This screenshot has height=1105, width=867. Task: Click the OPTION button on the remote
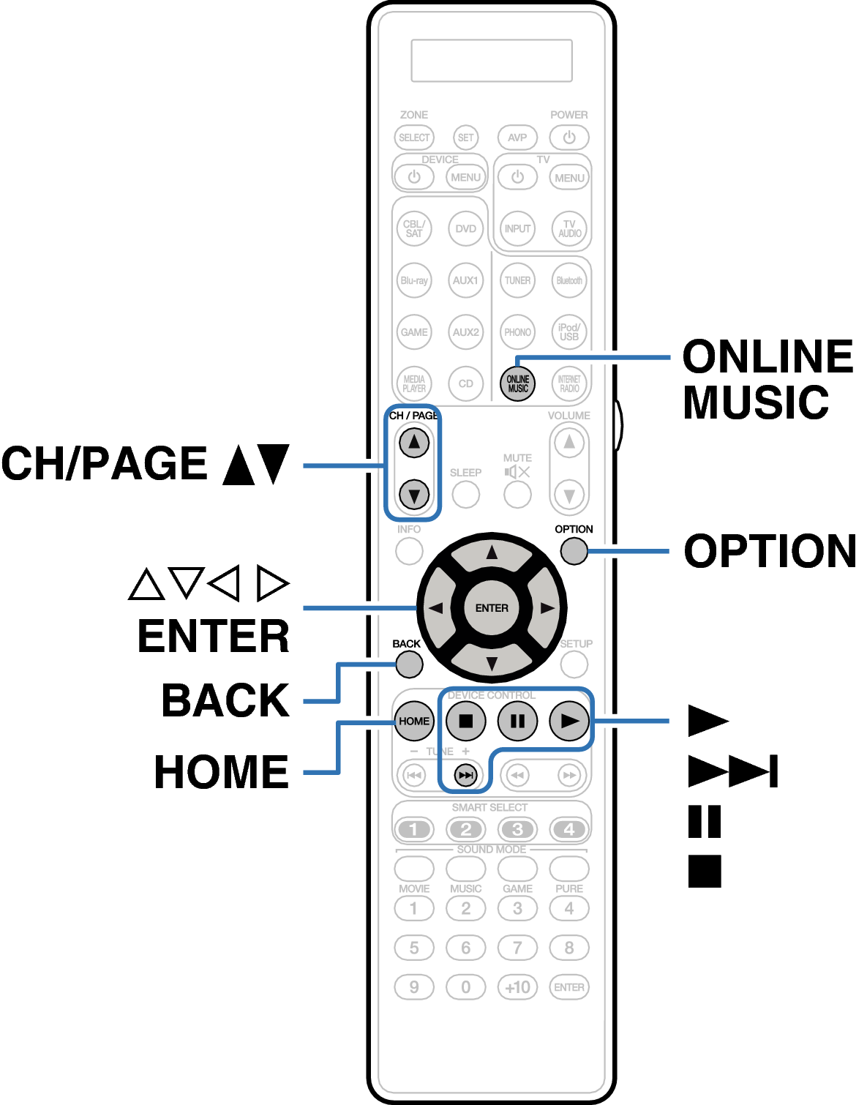tap(574, 551)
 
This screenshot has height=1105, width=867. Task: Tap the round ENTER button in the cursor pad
tap(492, 608)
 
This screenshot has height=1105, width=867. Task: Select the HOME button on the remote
tap(414, 721)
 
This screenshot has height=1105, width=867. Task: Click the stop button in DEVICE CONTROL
tap(466, 721)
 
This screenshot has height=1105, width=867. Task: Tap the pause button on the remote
tap(517, 721)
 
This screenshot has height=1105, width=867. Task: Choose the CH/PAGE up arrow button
tap(414, 442)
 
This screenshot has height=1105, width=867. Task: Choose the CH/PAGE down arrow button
tap(414, 495)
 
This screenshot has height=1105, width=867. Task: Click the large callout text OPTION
tap(770, 551)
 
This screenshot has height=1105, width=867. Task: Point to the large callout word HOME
tap(222, 772)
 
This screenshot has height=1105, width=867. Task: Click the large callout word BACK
tap(225, 700)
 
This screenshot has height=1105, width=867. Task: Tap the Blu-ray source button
tap(414, 280)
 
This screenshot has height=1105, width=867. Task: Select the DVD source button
tap(466, 228)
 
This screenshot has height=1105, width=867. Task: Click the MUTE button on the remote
tap(517, 495)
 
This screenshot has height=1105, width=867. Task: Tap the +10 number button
tap(517, 987)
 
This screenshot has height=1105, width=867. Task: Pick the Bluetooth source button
tap(569, 280)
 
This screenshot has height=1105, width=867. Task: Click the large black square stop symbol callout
tap(705, 871)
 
